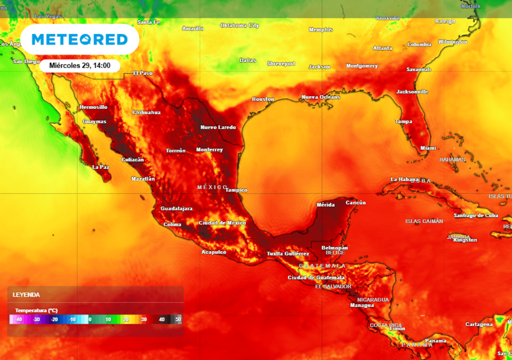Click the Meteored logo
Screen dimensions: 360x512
(x=79, y=39)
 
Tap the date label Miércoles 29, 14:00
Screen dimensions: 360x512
(x=80, y=65)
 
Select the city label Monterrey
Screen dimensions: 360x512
(x=209, y=150)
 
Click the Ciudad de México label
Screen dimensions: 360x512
(x=222, y=223)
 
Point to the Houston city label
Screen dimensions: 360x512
(x=263, y=99)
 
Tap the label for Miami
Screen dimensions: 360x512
(x=428, y=148)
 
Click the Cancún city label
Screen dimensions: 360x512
(x=356, y=203)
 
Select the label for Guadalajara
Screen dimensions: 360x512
(x=176, y=208)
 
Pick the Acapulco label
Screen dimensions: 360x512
(x=214, y=252)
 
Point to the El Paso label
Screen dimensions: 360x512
(x=143, y=73)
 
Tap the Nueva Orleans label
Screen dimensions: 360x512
(x=321, y=97)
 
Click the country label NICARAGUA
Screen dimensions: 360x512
(x=373, y=299)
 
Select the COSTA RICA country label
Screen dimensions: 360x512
(x=386, y=325)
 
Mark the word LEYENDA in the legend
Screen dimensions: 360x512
(x=26, y=295)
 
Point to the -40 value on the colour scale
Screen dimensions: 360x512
(x=18, y=319)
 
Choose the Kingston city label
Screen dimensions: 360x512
(x=465, y=240)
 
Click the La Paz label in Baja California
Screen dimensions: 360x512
(x=101, y=167)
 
